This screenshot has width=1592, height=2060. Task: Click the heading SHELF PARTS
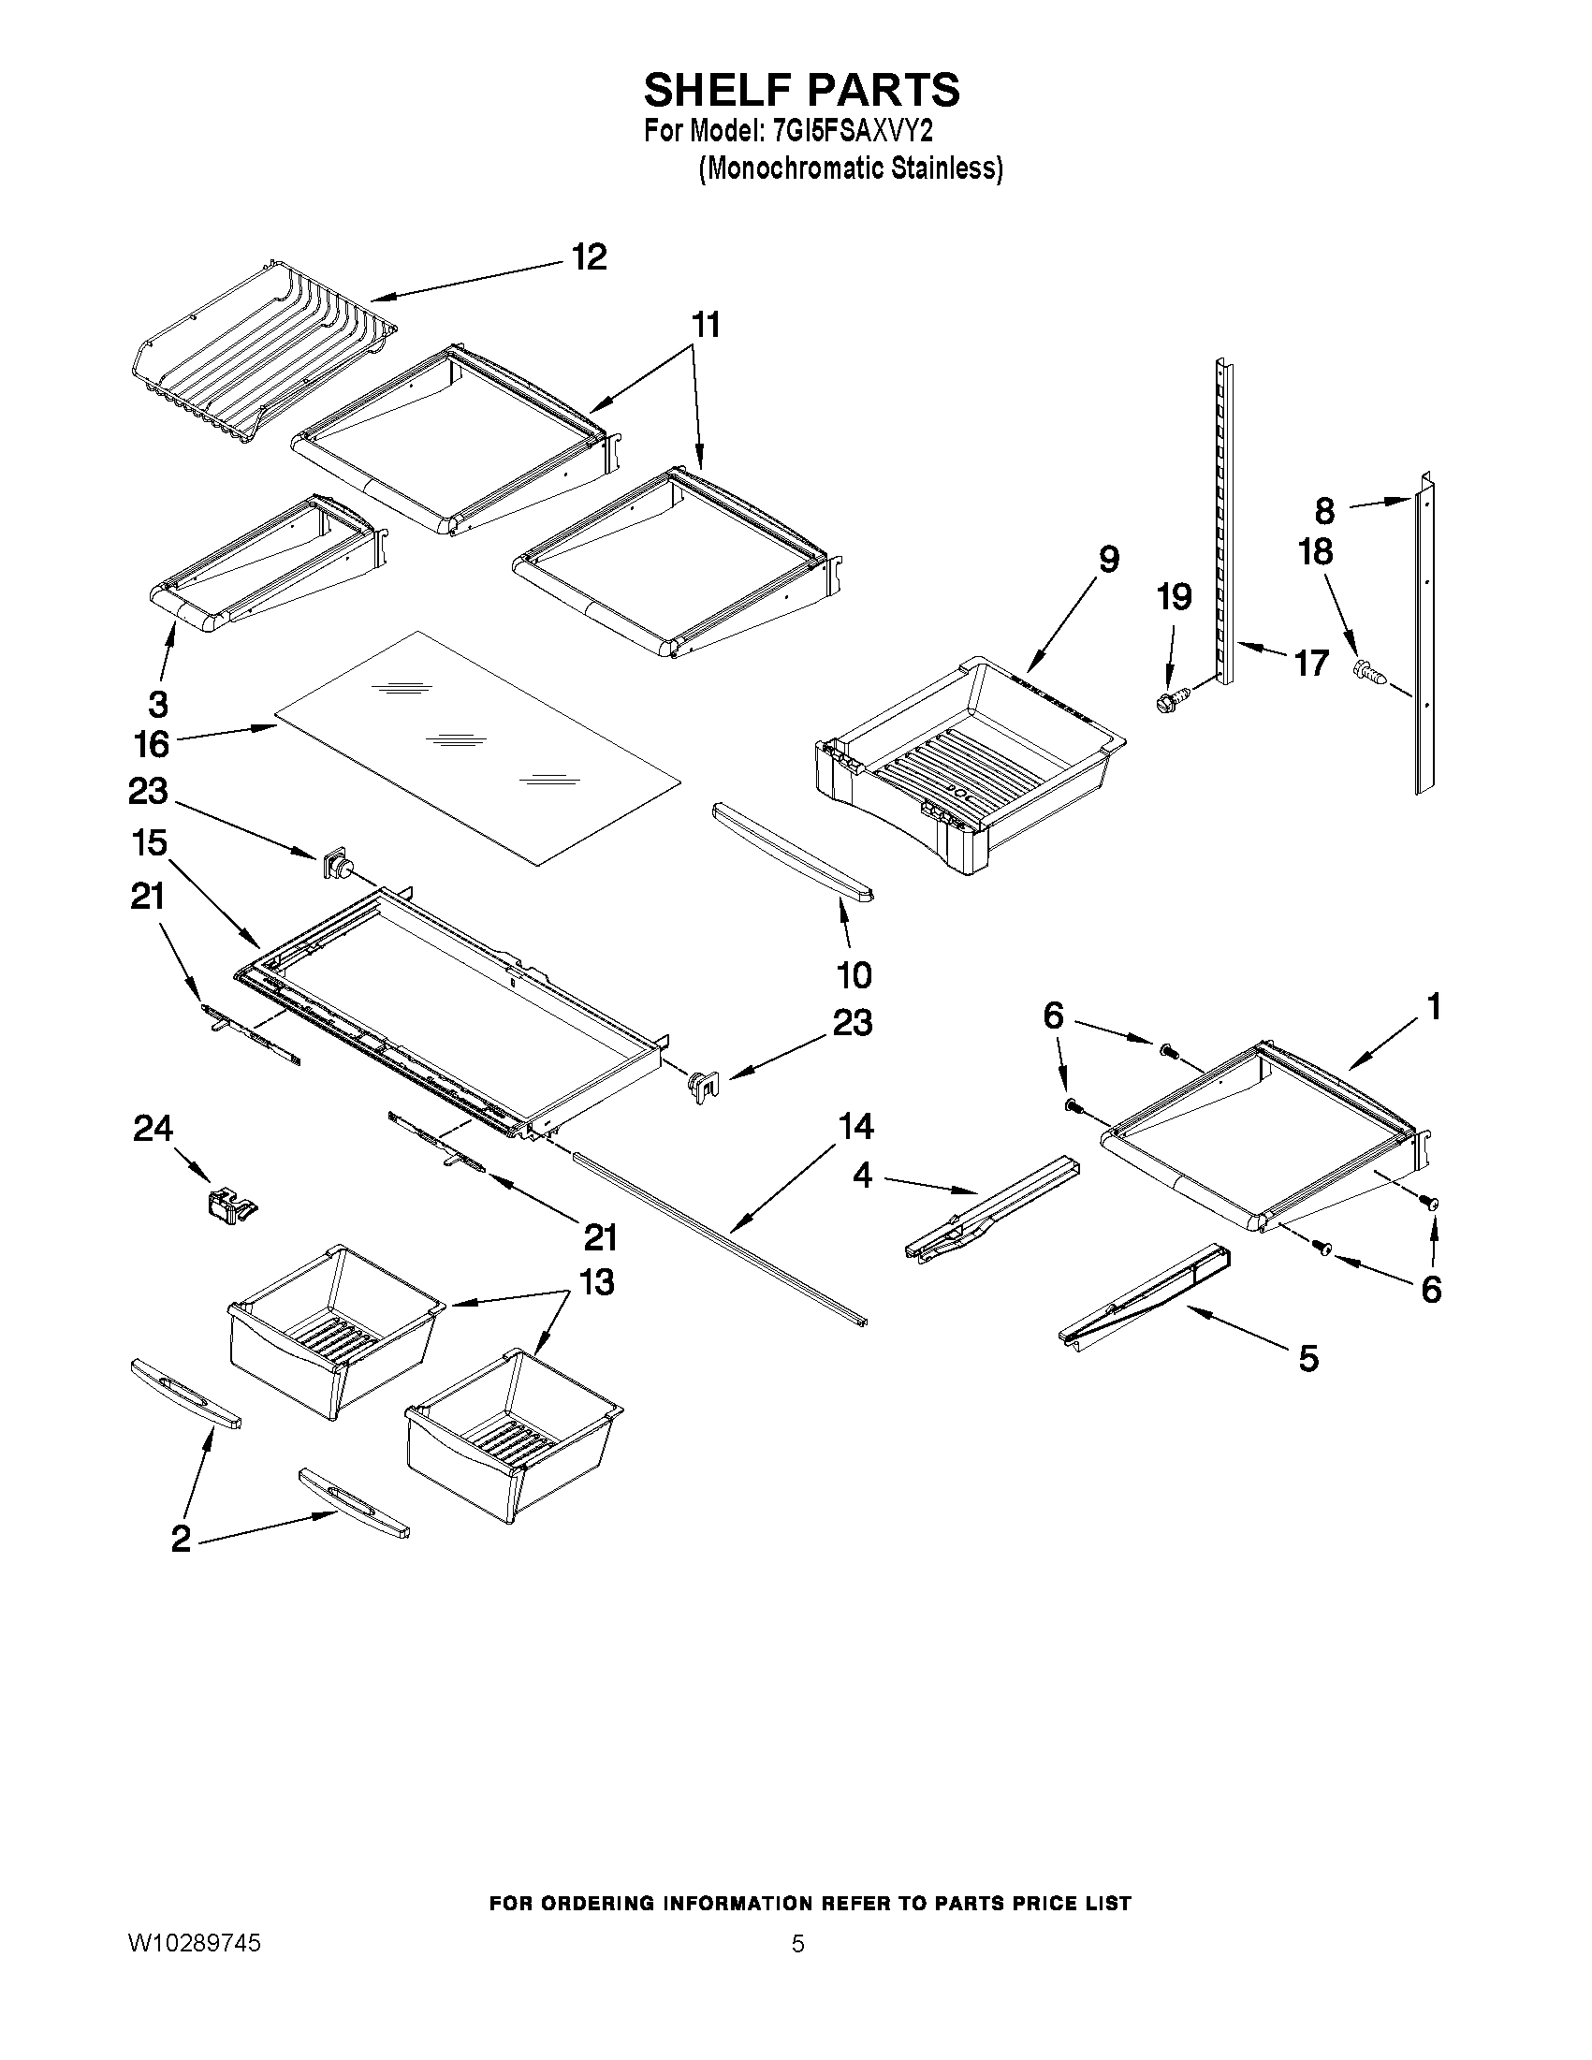tap(801, 91)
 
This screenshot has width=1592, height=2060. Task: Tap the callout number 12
tap(590, 257)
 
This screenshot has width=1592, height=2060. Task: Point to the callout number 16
tap(151, 745)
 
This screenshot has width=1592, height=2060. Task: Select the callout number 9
tap(1108, 560)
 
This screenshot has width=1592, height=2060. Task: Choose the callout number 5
tap(1308, 1358)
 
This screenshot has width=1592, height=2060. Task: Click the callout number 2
tap(181, 1540)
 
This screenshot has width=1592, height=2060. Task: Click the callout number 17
tap(1311, 663)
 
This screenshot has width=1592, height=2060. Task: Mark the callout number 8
tap(1324, 511)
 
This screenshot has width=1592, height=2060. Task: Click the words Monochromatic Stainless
tap(851, 168)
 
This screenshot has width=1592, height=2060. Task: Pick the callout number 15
tap(151, 842)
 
